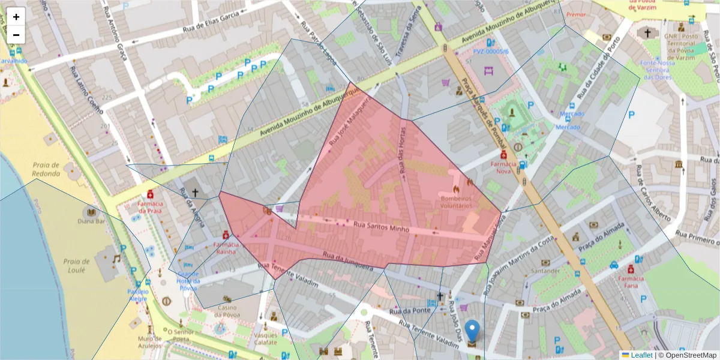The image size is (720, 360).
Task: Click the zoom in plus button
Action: pyautogui.click(x=16, y=17)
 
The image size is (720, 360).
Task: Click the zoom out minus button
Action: pyautogui.click(x=16, y=35)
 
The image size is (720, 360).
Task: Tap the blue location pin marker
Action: pyautogui.click(x=473, y=332)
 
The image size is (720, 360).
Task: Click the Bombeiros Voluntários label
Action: pyautogui.click(x=456, y=202)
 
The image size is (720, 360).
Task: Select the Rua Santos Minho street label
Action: pyautogui.click(x=382, y=227)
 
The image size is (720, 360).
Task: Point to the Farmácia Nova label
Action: pyautogui.click(x=503, y=167)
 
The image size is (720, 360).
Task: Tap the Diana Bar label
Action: pyautogui.click(x=91, y=220)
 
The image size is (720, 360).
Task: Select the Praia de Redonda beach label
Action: pyautogui.click(x=46, y=169)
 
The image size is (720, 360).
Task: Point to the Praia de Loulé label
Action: pyautogui.click(x=76, y=265)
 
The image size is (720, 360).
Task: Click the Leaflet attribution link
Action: pyautogui.click(x=641, y=355)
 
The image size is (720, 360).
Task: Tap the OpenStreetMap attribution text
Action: pyautogui.click(x=688, y=355)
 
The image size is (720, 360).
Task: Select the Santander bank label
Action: pyautogui.click(x=545, y=271)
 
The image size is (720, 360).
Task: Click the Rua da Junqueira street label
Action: pyautogui.click(x=348, y=262)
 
